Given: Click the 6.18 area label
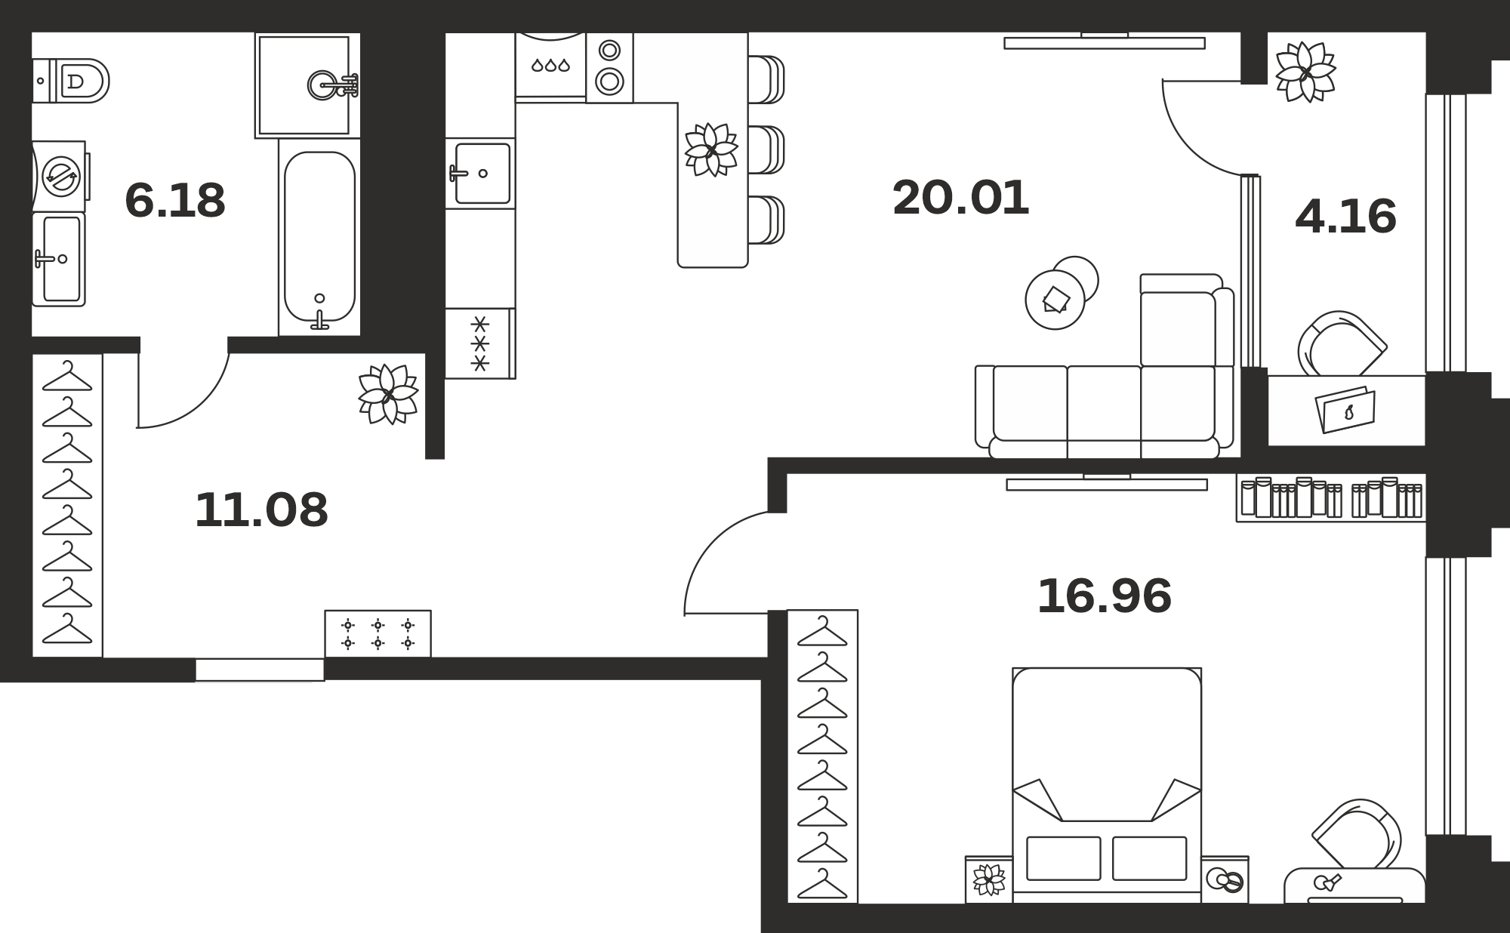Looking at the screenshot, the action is [175, 201].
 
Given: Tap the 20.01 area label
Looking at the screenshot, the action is [960, 198].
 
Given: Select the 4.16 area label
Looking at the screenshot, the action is [1345, 217].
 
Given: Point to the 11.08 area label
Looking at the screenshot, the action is [261, 510].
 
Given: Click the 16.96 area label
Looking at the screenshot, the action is [1104, 596].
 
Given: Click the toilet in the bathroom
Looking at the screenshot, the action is [71, 81].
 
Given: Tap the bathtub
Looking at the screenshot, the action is [319, 237].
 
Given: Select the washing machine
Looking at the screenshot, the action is [60, 177].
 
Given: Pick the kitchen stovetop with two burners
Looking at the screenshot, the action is [609, 67].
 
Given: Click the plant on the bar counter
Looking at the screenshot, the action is [710, 149].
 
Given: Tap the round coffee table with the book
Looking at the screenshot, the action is [1055, 299].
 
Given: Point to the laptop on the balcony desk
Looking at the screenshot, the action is [1345, 410].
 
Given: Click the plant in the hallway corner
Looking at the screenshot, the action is [388, 394].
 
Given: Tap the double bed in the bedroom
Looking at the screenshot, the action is [1107, 785].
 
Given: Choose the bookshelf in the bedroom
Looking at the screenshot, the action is [1330, 498].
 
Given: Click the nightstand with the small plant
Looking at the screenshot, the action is [989, 879].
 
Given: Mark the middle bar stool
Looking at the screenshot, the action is [766, 150].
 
